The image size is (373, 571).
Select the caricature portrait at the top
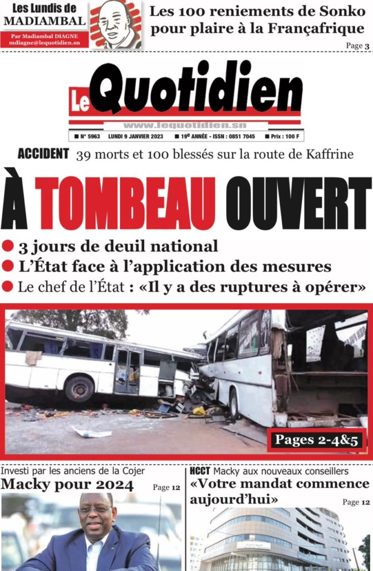tap(115, 25)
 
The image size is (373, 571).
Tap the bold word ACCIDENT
tap(43, 154)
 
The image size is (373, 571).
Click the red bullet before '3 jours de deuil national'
tap(7, 246)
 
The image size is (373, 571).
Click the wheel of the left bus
tap(79, 388)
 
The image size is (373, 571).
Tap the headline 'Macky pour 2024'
tap(67, 485)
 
